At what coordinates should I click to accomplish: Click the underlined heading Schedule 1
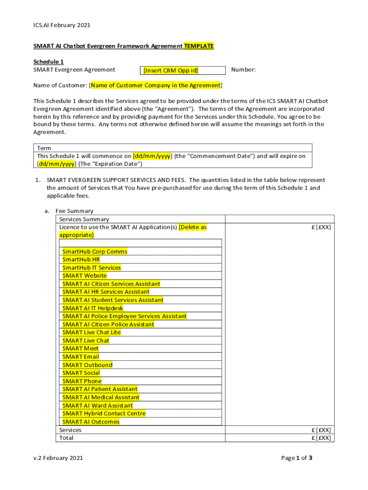tap(48, 62)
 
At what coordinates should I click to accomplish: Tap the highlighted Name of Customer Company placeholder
tap(156, 86)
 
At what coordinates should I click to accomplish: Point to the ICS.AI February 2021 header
tap(62, 25)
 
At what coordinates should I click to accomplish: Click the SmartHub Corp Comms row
tap(95, 251)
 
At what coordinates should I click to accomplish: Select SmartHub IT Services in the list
tap(91, 267)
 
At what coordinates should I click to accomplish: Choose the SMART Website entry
tap(85, 276)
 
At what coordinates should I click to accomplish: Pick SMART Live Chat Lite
tap(91, 332)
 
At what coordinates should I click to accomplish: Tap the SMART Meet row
tap(80, 348)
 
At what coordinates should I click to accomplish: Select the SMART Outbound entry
tap(87, 365)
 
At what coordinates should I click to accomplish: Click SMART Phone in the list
tap(82, 381)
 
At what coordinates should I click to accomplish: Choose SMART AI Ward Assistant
tap(97, 405)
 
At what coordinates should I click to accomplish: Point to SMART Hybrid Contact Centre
tap(104, 413)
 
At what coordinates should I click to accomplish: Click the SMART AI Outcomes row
tap(91, 422)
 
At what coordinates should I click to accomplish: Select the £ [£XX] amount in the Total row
tap(321, 438)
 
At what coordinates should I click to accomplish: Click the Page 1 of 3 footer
tap(296, 458)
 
